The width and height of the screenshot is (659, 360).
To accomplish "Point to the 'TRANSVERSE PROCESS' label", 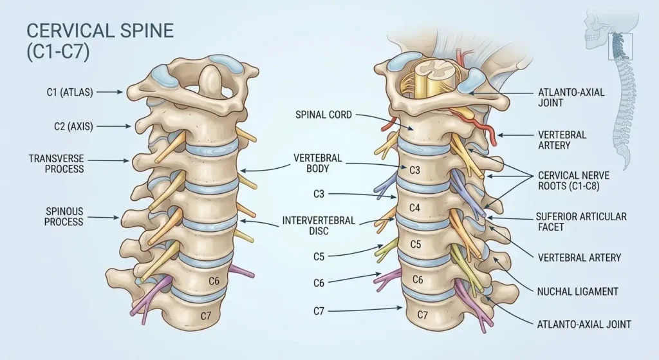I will (56, 164).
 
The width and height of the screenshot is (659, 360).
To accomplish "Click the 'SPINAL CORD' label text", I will (324, 115).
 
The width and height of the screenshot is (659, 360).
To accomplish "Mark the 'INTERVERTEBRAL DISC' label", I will (319, 225).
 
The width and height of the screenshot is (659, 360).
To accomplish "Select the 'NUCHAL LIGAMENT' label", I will (577, 291).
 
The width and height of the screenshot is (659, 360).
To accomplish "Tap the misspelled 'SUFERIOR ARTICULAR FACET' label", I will (581, 222).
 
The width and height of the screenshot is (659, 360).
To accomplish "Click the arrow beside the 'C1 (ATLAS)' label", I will (111, 93).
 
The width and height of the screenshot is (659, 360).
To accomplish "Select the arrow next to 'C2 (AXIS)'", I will (112, 127).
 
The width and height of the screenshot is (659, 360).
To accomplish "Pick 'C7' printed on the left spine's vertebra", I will (205, 315).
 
